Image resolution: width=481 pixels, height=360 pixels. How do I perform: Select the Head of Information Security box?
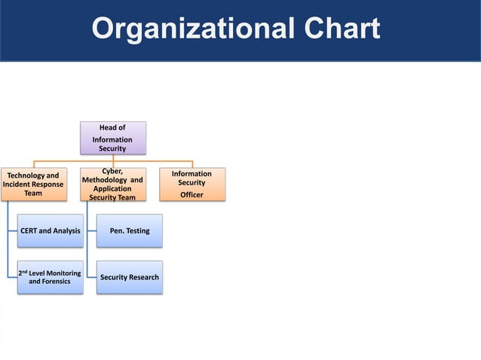click(113, 138)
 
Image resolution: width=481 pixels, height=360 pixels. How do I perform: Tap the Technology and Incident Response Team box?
click(32, 185)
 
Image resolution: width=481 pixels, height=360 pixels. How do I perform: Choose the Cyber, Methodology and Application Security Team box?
click(113, 185)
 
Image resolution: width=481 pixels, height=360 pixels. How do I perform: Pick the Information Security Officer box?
click(191, 185)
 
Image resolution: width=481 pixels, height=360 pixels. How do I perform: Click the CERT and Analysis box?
click(51, 230)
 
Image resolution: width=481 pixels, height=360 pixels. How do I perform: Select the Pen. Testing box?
click(130, 230)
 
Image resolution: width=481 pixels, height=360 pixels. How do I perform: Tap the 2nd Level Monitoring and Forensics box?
click(51, 276)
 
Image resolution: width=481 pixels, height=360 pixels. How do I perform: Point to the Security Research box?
click(130, 277)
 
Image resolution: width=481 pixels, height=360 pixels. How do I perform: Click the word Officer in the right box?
click(191, 195)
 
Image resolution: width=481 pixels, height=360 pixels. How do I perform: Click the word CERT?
click(31, 230)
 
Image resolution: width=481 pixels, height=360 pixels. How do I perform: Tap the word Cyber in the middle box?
click(113, 172)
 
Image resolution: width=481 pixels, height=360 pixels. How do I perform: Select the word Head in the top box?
click(108, 128)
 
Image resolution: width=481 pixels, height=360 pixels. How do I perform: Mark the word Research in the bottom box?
click(143, 277)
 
